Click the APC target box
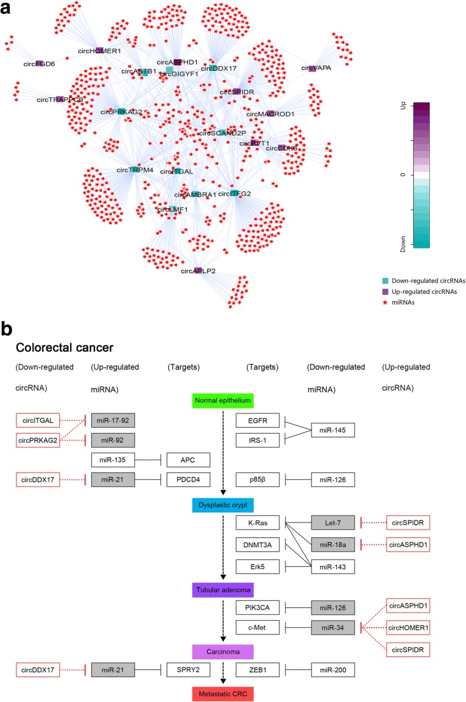click(188, 459)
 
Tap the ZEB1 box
click(258, 670)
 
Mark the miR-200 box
click(334, 670)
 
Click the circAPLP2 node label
click(197, 271)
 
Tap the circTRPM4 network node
click(134, 170)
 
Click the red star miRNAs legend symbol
click(402, 302)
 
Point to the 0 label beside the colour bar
click(403, 175)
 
